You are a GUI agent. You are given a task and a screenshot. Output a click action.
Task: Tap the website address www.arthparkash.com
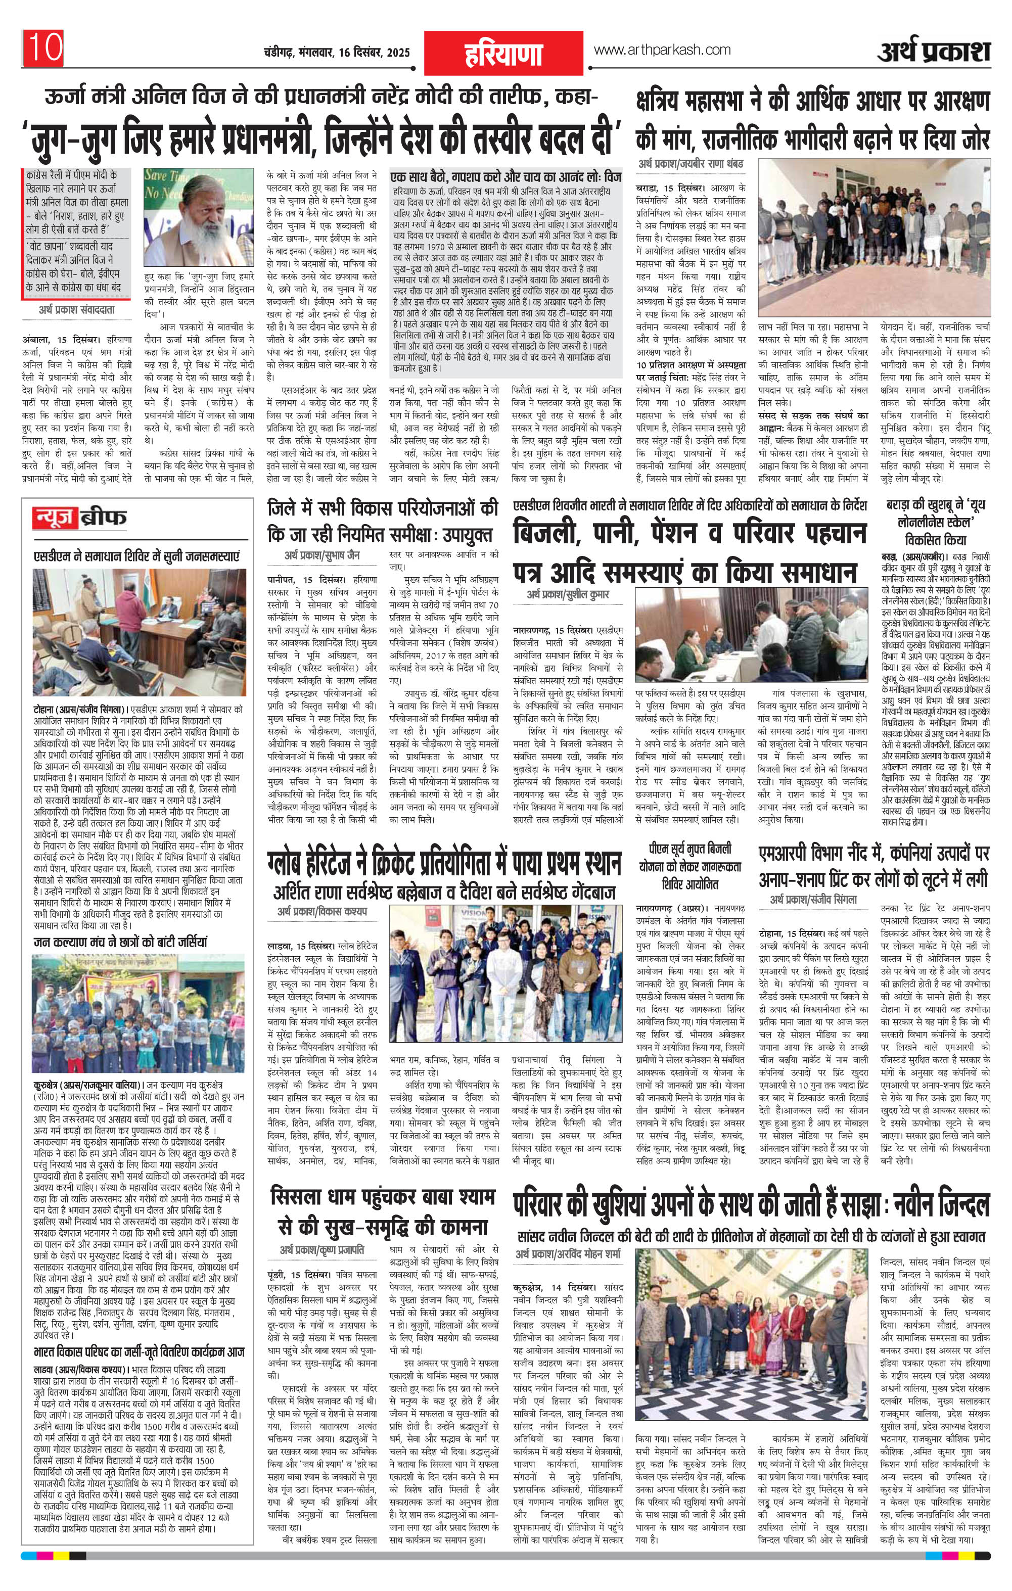tap(662, 50)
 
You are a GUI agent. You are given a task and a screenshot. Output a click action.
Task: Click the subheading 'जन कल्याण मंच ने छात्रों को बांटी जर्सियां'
tap(121, 941)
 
